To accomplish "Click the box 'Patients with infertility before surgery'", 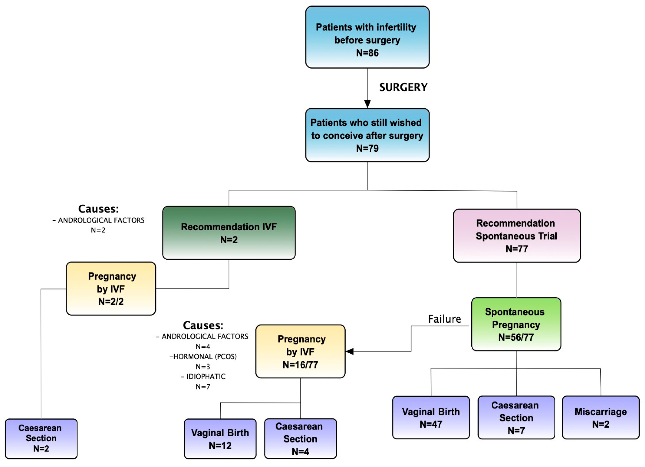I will point(367,37).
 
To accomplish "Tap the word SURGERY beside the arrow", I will point(403,87).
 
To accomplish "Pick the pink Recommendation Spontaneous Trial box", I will point(516,236).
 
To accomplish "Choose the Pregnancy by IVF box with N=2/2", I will point(111,289).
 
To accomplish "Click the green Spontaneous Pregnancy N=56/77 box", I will point(516,324).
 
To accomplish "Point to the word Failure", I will point(444,319).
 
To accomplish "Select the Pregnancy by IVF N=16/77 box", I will point(300,351).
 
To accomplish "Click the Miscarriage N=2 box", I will point(600,417).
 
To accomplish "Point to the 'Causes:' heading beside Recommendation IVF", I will point(98,209).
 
